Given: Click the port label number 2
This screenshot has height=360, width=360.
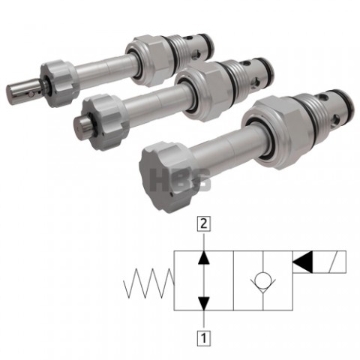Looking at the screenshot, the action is (x=204, y=223).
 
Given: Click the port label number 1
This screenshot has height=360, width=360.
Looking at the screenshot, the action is (x=204, y=338).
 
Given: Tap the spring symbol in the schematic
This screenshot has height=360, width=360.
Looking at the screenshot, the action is (x=149, y=283).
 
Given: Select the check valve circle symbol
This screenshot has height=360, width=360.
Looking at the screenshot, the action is (x=263, y=280).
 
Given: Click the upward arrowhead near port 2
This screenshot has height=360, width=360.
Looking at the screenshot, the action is (x=204, y=257).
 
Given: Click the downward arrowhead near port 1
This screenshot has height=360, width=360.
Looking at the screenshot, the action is (x=204, y=304).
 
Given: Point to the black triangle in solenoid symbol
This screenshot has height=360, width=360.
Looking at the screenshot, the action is (x=302, y=262).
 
